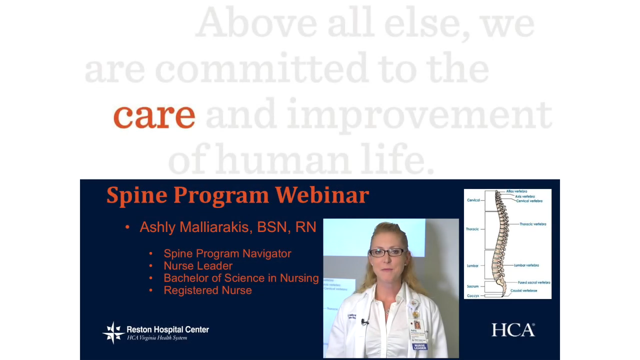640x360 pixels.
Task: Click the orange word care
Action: pyautogui.click(x=154, y=115)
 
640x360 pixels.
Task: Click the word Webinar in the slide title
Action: pyautogui.click(x=321, y=194)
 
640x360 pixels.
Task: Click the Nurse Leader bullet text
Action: pyautogui.click(x=198, y=266)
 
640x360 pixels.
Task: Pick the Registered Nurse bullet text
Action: pyautogui.click(x=207, y=290)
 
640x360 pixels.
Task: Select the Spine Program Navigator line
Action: pyautogui.click(x=227, y=253)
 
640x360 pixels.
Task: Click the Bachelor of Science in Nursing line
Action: pyautogui.click(x=241, y=278)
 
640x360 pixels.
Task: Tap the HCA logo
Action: pyautogui.click(x=512, y=330)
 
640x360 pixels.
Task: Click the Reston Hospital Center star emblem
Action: pyautogui.click(x=113, y=332)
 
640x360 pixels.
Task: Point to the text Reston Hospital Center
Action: pyautogui.click(x=167, y=329)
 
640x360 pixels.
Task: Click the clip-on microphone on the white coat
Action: pyautogui.click(x=364, y=321)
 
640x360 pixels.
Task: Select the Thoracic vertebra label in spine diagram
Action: pyautogui.click(x=532, y=224)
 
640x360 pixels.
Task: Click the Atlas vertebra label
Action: pyautogui.click(x=516, y=191)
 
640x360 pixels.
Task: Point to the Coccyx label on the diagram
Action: pyautogui.click(x=472, y=296)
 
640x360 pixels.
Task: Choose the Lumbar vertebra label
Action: pyautogui.click(x=526, y=265)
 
